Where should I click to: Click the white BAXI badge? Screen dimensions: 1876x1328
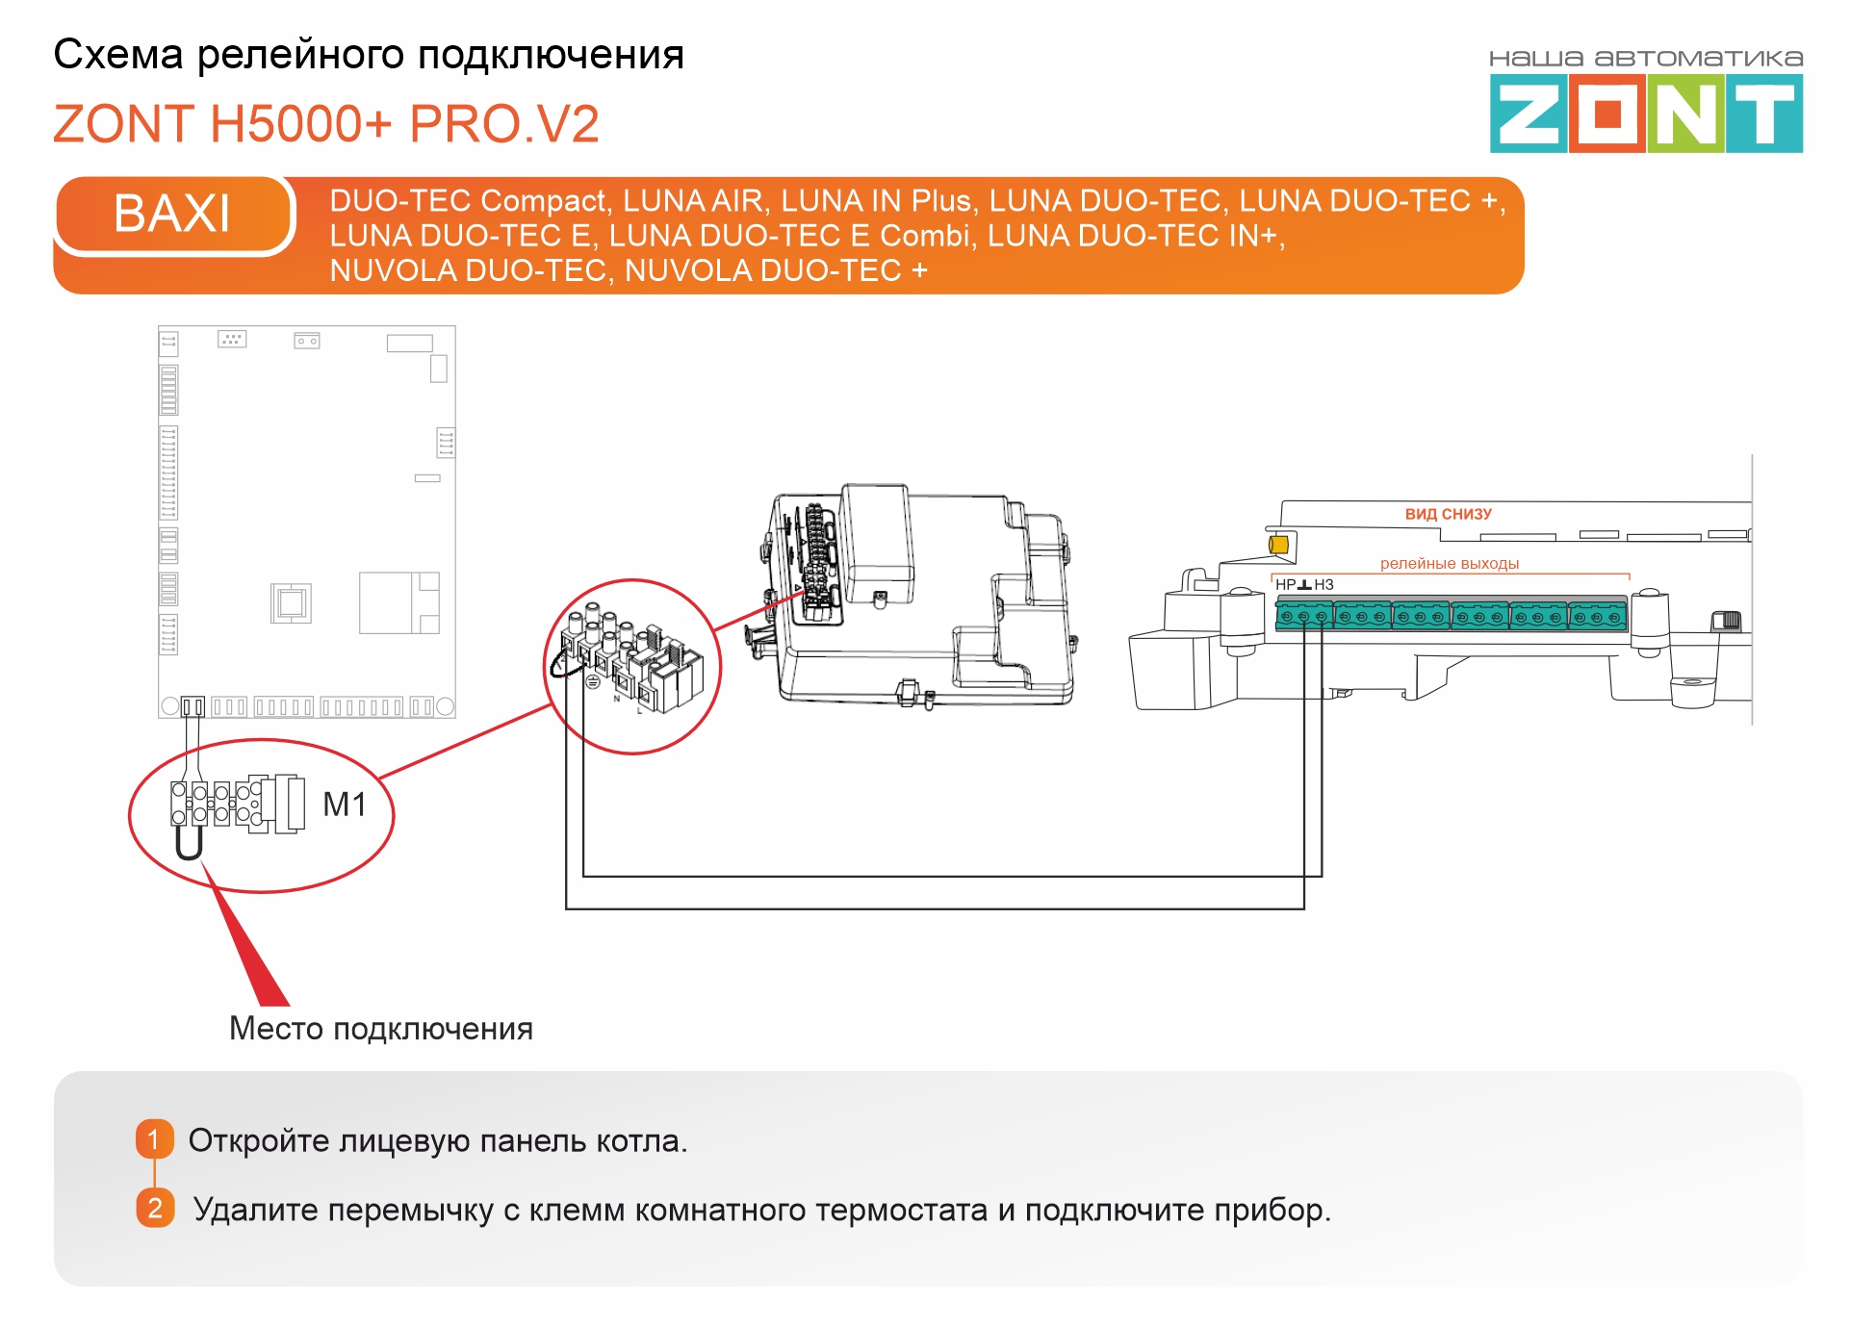pos(173,214)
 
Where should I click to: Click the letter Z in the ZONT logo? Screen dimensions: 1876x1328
pos(1528,114)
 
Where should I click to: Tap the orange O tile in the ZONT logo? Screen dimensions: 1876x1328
pos(1606,114)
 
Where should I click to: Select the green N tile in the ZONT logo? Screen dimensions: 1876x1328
pos(1684,114)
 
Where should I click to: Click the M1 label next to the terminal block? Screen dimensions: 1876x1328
pos(344,804)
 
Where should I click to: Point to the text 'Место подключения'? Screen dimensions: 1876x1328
pos(380,1029)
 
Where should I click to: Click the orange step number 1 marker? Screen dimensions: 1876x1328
pos(154,1139)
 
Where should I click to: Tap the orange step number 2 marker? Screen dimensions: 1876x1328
pos(155,1209)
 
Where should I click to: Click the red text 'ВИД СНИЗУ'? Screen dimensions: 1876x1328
pos(1448,515)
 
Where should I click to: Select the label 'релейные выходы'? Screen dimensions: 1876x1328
pos(1449,564)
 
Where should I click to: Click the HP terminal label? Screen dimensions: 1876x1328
pos(1285,585)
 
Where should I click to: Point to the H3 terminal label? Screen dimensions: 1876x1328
pos(1324,585)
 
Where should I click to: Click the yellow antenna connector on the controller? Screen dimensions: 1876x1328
pos(1278,545)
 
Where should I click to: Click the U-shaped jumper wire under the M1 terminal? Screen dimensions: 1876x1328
pos(189,843)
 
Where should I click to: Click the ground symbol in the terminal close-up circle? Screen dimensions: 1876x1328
pos(593,681)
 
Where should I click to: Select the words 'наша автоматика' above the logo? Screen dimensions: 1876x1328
pos(1646,59)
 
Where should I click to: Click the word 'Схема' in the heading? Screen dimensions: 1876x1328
pos(117,55)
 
